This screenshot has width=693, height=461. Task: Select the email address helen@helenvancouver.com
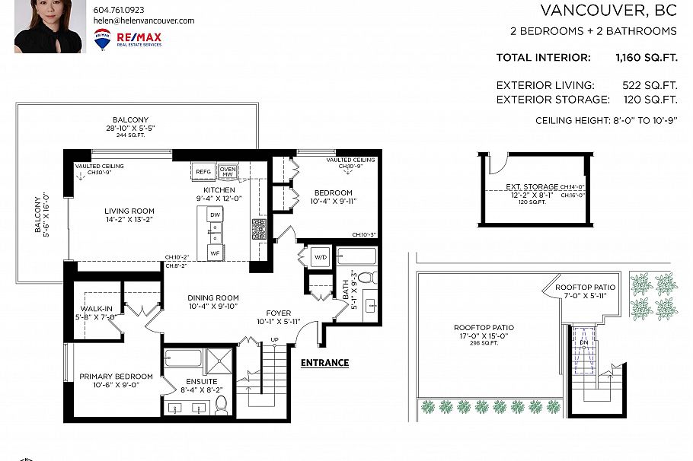coord(144,21)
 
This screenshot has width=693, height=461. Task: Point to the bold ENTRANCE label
coord(324,363)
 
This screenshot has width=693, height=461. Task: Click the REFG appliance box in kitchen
coord(203,172)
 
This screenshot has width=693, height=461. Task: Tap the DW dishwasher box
coord(216,216)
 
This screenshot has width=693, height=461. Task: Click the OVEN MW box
coord(228,171)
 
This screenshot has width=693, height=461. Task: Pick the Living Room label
coord(129,211)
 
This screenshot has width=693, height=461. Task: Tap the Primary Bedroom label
coord(117,377)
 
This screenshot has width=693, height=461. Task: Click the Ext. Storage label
coord(532,186)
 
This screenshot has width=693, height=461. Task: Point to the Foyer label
coord(279,313)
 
